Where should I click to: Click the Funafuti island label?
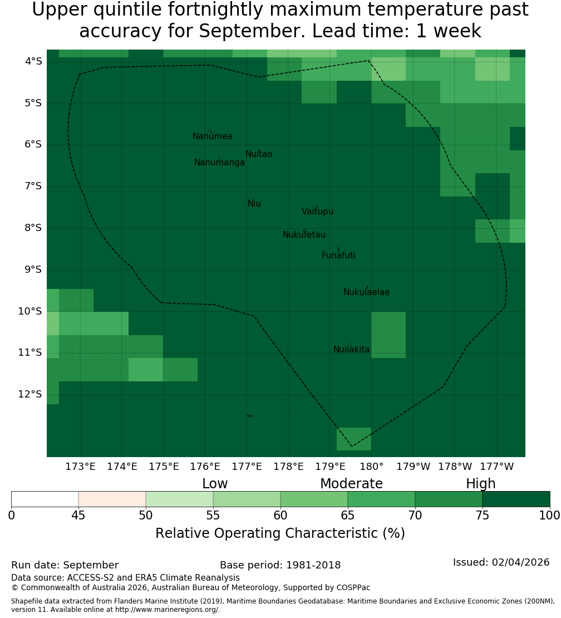(338, 256)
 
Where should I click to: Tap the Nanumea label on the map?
(213, 136)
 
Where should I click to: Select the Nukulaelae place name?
(366, 292)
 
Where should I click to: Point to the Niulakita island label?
(351, 350)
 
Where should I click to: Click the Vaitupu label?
(318, 211)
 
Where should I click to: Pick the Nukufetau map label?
(304, 235)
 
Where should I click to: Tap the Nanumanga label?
(219, 163)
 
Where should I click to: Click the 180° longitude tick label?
(372, 467)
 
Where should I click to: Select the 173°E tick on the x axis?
(80, 467)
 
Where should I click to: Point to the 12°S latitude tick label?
(30, 394)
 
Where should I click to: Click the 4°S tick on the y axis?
(33, 61)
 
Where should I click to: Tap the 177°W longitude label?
(497, 467)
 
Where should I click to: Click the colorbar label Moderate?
(351, 484)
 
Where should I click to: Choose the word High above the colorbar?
(481, 484)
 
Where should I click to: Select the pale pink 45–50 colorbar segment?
(112, 499)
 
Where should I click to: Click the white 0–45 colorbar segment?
(45, 499)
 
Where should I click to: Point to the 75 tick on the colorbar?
(482, 516)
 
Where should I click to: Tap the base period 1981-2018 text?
(313, 565)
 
